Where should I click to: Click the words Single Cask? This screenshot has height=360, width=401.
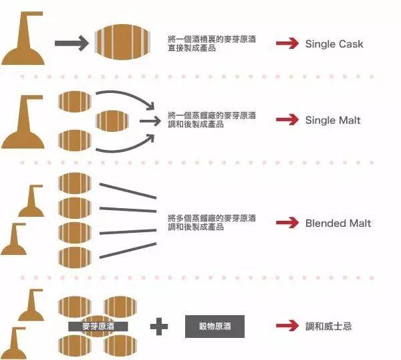click(334, 43)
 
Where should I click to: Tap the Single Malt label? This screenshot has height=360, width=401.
click(333, 120)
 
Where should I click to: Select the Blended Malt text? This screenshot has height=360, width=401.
click(338, 223)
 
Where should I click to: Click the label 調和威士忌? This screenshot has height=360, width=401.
click(328, 326)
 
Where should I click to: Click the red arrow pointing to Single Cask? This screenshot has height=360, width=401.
click(287, 43)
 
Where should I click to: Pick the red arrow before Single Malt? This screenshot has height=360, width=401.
click(287, 120)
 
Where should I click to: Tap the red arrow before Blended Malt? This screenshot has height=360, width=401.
click(287, 223)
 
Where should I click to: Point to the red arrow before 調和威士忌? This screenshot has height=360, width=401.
click(287, 325)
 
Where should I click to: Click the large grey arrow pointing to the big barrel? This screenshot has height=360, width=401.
click(72, 43)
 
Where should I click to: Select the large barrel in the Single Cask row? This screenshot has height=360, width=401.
click(122, 42)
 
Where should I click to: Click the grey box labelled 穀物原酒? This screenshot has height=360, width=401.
click(215, 327)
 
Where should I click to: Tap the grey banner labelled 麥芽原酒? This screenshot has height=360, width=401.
click(98, 327)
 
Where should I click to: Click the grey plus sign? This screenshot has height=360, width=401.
click(159, 327)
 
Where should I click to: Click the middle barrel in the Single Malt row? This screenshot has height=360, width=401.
click(112, 121)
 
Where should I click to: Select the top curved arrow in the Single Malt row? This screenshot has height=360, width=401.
click(128, 95)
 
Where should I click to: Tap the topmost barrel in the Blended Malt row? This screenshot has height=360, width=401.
click(75, 183)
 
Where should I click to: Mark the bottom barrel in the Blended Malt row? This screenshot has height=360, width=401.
click(75, 258)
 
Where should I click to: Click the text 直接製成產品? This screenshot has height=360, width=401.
click(192, 48)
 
